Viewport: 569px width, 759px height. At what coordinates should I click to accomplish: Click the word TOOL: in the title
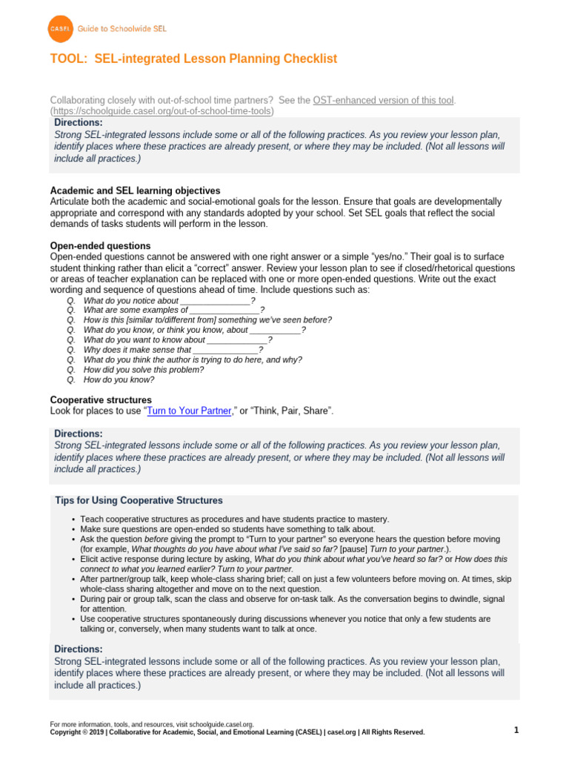coord(70,59)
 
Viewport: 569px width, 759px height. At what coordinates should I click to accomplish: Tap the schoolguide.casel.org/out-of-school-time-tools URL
coord(162,110)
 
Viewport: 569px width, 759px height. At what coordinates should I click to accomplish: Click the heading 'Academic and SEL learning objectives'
coord(135,190)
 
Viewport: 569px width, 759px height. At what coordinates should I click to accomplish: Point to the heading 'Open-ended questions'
coord(100,245)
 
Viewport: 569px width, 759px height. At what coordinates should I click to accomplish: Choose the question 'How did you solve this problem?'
coord(144,369)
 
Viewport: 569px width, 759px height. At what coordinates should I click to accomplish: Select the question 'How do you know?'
coord(119,379)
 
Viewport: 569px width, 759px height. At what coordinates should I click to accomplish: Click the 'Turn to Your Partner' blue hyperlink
coord(190,410)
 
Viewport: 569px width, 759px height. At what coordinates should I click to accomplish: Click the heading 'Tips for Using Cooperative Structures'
coord(139,500)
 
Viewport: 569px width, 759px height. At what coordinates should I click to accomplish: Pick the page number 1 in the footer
coord(516,730)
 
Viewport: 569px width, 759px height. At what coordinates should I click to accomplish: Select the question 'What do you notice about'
coord(131,301)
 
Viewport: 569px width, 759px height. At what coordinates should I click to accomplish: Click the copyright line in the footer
coord(237,732)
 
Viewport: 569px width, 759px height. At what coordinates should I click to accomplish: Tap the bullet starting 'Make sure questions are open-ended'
coord(222,529)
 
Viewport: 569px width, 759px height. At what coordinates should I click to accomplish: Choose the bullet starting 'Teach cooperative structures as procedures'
coord(234,519)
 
